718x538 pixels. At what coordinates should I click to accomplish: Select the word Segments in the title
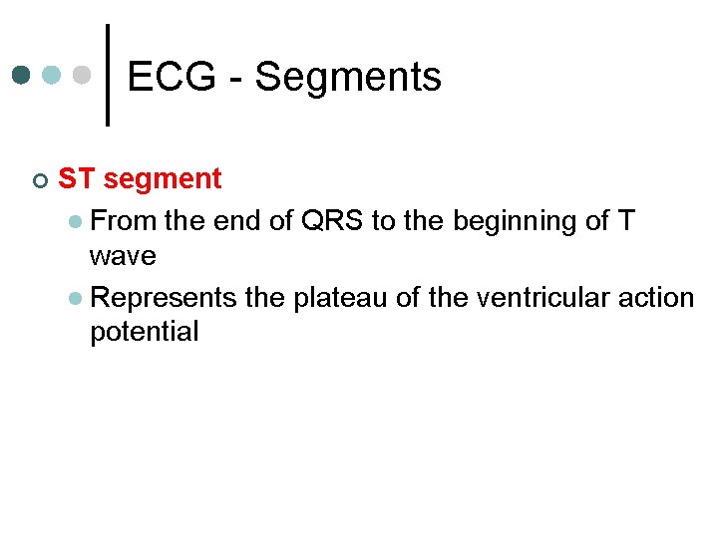pos(348,78)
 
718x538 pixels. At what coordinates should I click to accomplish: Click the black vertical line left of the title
pos(108,75)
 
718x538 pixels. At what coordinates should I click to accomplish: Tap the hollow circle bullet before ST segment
pos(38,180)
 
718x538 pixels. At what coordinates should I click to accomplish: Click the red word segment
pos(162,180)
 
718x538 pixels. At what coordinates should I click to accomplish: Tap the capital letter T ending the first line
pos(625,220)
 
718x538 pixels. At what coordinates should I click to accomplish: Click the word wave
pos(123,257)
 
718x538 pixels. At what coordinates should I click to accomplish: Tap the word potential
pos(144,333)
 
